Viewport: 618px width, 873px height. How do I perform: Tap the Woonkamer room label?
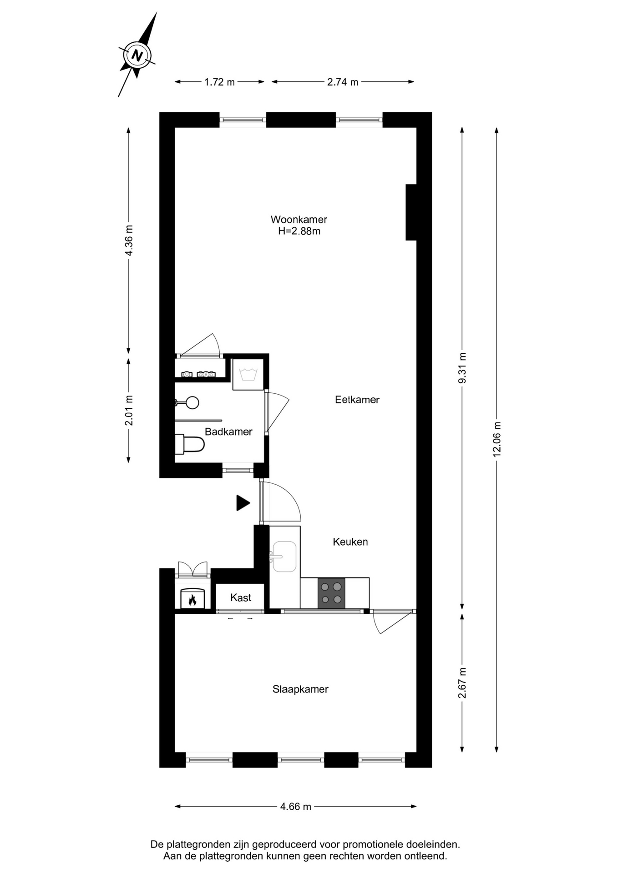[x=299, y=220]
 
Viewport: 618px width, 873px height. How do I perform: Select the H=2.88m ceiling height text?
[x=299, y=231]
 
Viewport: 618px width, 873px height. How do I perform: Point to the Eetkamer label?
[x=357, y=400]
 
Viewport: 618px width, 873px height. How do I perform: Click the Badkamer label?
[x=228, y=431]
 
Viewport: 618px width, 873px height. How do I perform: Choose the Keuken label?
[x=350, y=542]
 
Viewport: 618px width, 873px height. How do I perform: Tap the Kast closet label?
[x=241, y=597]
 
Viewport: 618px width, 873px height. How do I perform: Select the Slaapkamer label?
[x=300, y=689]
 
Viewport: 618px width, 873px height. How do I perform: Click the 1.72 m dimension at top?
[x=219, y=82]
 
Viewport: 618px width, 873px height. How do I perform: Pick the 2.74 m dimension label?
[x=343, y=82]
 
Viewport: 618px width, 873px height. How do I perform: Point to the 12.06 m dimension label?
[x=496, y=439]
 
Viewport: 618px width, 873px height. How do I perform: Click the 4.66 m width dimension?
[x=296, y=806]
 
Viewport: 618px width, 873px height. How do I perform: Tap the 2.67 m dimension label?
[x=462, y=683]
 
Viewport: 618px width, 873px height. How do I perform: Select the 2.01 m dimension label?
[x=129, y=410]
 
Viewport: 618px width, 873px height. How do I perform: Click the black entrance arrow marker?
[x=243, y=503]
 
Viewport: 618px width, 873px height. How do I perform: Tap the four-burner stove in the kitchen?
[x=331, y=593]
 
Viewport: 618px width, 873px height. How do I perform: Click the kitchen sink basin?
[x=284, y=557]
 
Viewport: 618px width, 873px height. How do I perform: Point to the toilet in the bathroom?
[x=190, y=444]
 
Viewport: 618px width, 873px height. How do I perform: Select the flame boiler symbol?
[x=192, y=598]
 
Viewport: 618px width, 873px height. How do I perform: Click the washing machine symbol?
[x=248, y=374]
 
